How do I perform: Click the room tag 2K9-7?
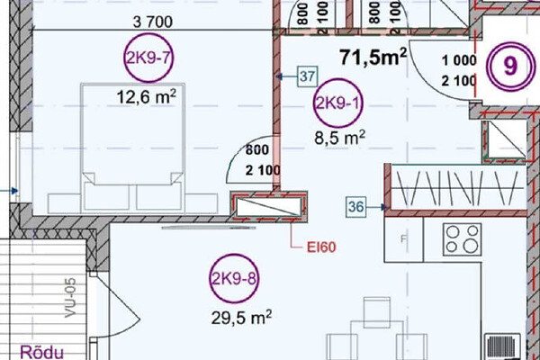pyautogui.click(x=148, y=58)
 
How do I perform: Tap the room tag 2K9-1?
pyautogui.click(x=338, y=103)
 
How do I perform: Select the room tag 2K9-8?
pyautogui.click(x=234, y=278)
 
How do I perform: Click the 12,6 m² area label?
pyautogui.click(x=147, y=97)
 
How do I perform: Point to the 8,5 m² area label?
pyautogui.click(x=339, y=138)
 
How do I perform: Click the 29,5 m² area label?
pyautogui.click(x=241, y=318)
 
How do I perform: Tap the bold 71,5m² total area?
pyautogui.click(x=373, y=57)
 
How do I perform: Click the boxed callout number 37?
pyautogui.click(x=308, y=76)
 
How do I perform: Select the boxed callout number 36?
pyautogui.click(x=355, y=207)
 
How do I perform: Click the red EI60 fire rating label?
pyautogui.click(x=321, y=247)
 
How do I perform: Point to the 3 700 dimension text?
pyautogui.click(x=153, y=22)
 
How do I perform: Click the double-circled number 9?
pyautogui.click(x=510, y=67)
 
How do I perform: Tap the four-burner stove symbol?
pyautogui.click(x=463, y=239)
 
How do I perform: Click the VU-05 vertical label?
pyautogui.click(x=70, y=298)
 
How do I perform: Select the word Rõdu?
pyautogui.click(x=42, y=352)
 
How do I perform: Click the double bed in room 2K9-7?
pyautogui.click(x=132, y=148)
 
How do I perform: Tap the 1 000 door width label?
pyautogui.click(x=459, y=60)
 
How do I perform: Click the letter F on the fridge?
pyautogui.click(x=404, y=239)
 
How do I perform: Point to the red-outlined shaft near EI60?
pyautogui.click(x=269, y=207)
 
